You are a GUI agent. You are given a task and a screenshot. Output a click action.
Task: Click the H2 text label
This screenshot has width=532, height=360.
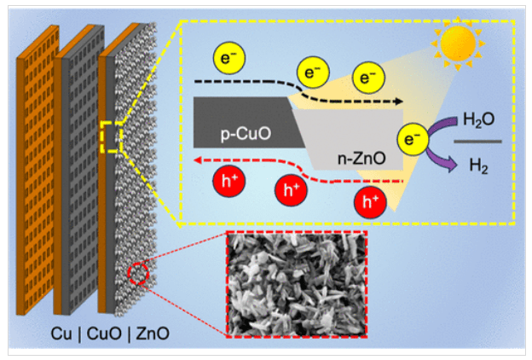tap(479, 166)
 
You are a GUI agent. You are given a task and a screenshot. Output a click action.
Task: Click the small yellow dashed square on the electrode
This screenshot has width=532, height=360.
tap(110, 136)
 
